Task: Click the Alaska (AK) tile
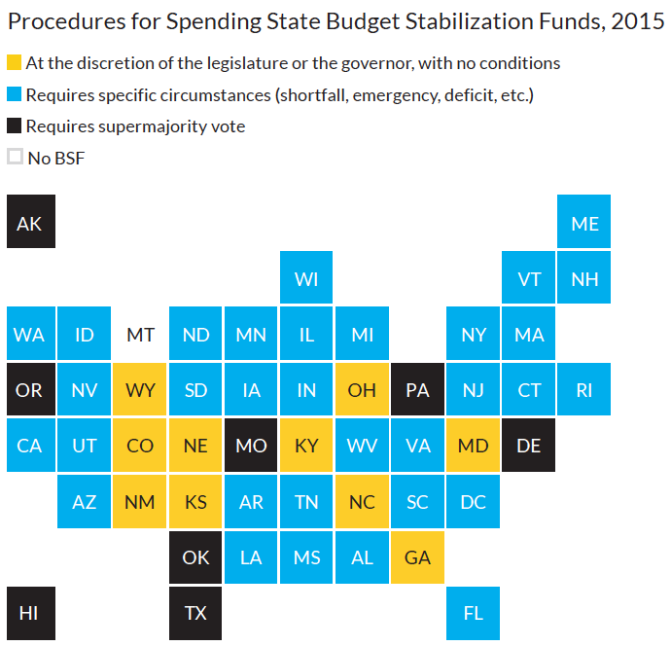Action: (30, 223)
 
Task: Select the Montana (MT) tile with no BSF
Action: (140, 335)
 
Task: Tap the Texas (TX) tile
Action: (195, 614)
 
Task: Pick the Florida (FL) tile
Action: (474, 614)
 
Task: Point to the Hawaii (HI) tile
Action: (30, 614)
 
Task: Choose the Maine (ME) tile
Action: (584, 223)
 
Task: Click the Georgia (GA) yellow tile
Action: (418, 558)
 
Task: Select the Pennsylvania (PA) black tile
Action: (418, 390)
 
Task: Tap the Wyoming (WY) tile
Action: (140, 390)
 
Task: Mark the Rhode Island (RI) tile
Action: (584, 390)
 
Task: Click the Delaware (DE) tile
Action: (529, 447)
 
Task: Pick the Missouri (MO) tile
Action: (251, 447)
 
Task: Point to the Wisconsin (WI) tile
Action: (306, 279)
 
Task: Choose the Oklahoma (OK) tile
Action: (195, 558)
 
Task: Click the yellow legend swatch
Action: (15, 63)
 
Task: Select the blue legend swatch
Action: (15, 94)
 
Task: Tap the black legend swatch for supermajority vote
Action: (15, 126)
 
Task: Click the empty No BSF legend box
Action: (15, 157)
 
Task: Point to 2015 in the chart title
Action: (639, 23)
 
